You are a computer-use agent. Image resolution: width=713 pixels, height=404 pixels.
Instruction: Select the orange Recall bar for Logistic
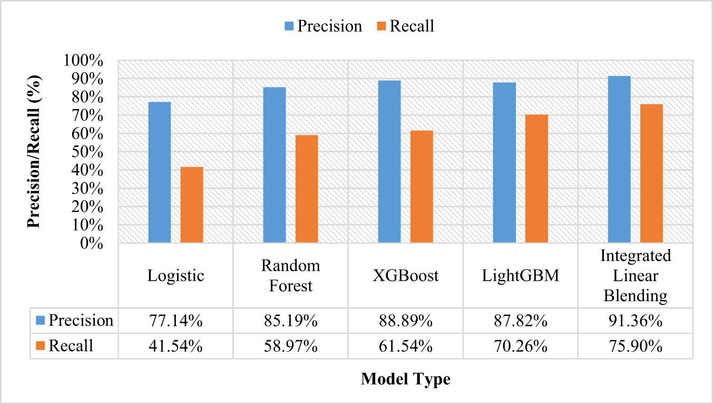point(191,205)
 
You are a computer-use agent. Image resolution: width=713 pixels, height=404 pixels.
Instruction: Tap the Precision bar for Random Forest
point(274,165)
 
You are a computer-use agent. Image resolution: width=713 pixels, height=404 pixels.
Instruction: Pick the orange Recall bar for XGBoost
point(421,186)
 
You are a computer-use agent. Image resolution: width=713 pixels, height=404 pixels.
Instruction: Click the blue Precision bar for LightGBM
point(504,163)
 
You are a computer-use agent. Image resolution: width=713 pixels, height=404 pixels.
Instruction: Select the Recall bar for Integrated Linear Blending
point(651,173)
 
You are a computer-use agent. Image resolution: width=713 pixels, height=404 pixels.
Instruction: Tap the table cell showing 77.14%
point(175,320)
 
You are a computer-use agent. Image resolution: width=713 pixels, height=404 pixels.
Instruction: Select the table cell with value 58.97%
point(290,346)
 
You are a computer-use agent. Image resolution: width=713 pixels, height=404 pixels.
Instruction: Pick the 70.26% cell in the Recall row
point(520,346)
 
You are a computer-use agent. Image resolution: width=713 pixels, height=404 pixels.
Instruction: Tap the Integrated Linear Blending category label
point(636,276)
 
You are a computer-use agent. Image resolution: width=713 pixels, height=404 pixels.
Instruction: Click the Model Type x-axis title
point(405,379)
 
